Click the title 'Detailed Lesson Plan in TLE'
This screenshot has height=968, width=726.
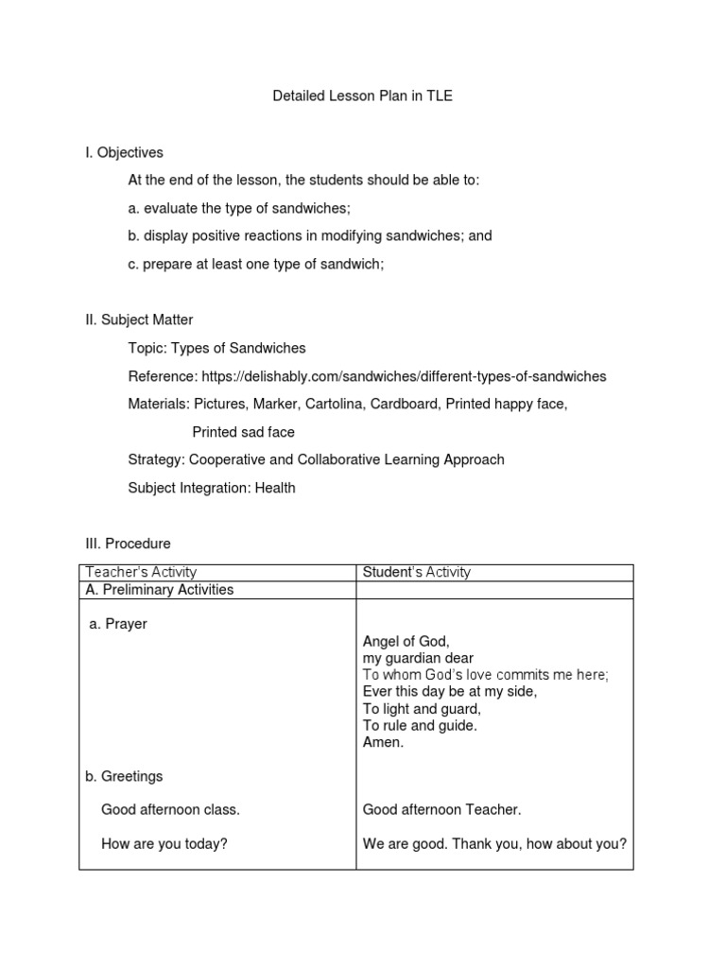coord(362,96)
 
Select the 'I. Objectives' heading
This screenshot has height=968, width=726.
coord(125,152)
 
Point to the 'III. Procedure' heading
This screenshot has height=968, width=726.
coord(129,544)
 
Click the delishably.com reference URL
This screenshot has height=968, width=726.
coord(404,376)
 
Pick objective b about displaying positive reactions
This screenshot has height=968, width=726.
coord(310,235)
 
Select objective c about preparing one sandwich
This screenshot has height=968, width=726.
coord(256,264)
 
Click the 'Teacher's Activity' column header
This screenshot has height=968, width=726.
coord(141,572)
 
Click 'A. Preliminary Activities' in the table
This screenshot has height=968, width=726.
coord(160,590)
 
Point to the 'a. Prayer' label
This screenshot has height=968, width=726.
coord(118,625)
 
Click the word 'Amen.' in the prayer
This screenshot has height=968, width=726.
coord(383,743)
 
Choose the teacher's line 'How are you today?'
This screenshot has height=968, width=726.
coord(164,844)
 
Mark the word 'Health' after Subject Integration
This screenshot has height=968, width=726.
coord(275,488)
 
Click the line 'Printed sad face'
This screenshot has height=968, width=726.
coord(244,432)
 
